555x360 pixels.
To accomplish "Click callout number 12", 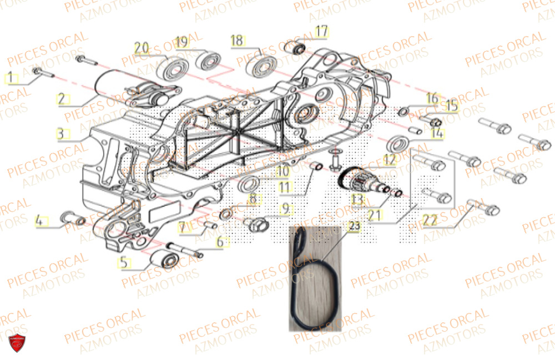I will click(389, 159).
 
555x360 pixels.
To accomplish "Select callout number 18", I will click(237, 40).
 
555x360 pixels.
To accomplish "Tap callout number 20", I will click(142, 48).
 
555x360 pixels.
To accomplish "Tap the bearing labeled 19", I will click(209, 60).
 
